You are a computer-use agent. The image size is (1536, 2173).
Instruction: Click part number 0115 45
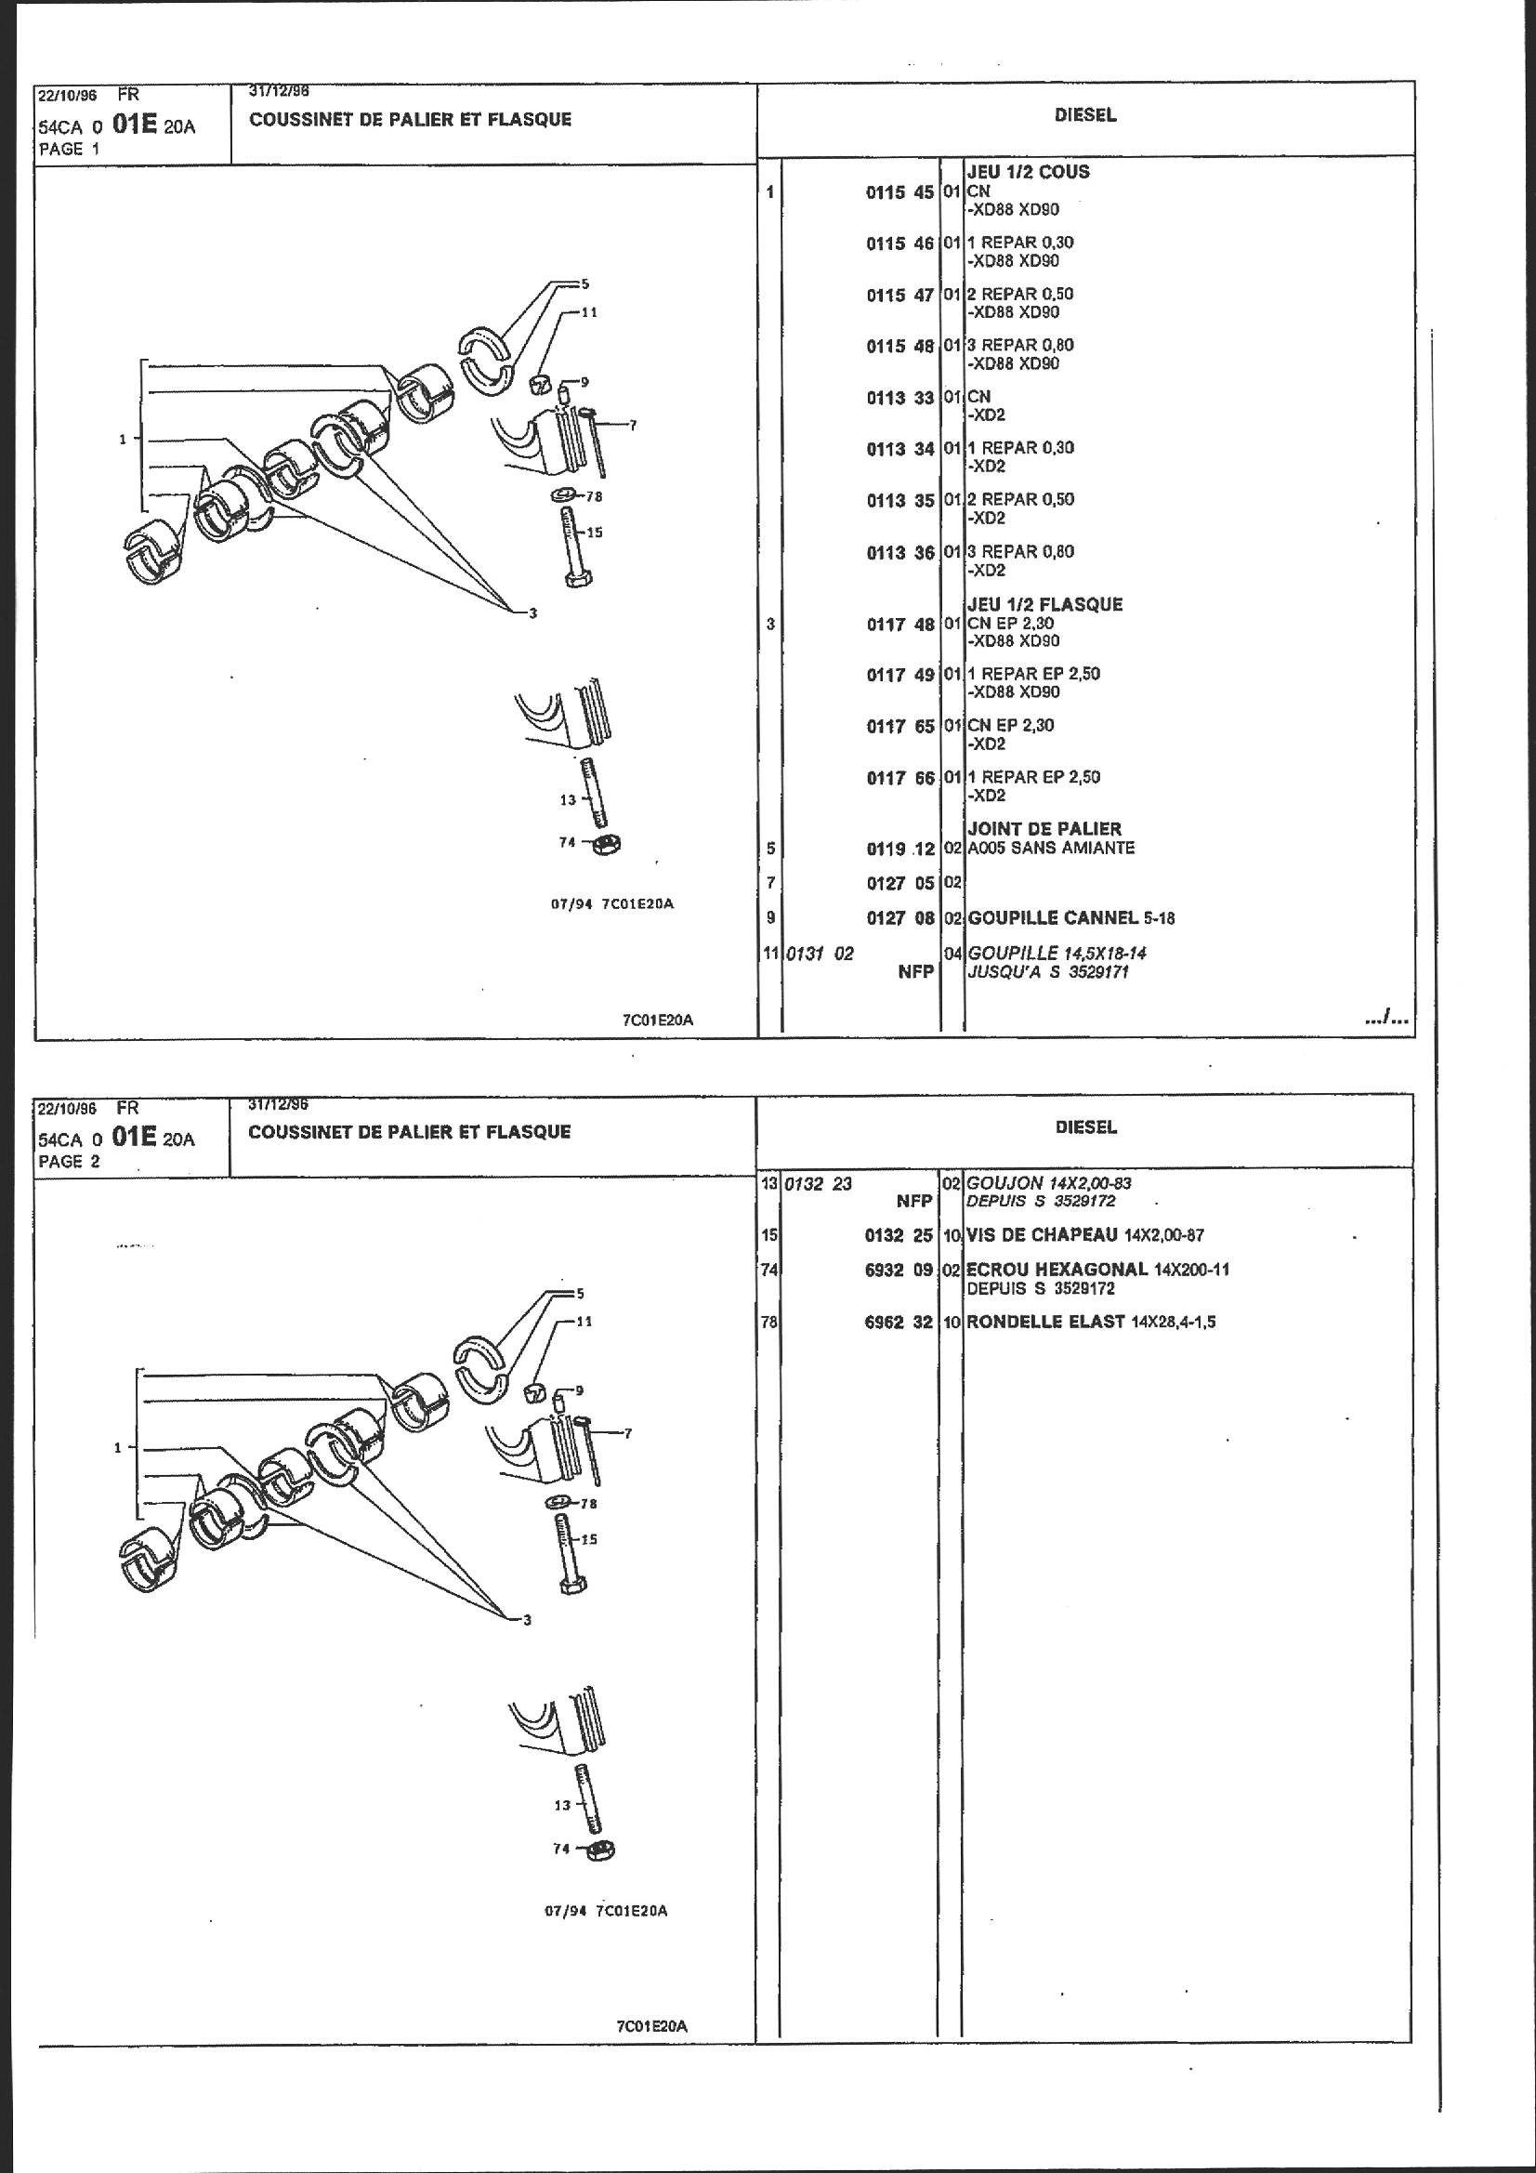[x=899, y=192]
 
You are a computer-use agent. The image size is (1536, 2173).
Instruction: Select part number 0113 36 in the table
[x=899, y=553]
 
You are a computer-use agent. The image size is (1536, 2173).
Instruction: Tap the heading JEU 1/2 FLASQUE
[x=1044, y=604]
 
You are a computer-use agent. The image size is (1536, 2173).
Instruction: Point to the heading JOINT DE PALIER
[x=1044, y=829]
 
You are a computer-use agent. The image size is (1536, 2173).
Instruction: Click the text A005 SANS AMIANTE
[x=1051, y=848]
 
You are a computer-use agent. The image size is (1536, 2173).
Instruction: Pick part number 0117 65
[x=899, y=726]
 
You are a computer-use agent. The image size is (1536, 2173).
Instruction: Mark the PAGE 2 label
[x=69, y=1161]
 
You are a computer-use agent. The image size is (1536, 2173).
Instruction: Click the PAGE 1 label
[x=69, y=149]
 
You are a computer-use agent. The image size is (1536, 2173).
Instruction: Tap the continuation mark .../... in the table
[x=1386, y=1020]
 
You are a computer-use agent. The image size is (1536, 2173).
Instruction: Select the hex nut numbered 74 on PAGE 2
[x=602, y=1850]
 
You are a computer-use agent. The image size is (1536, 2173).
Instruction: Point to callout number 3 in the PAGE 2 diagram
[x=527, y=1619]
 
